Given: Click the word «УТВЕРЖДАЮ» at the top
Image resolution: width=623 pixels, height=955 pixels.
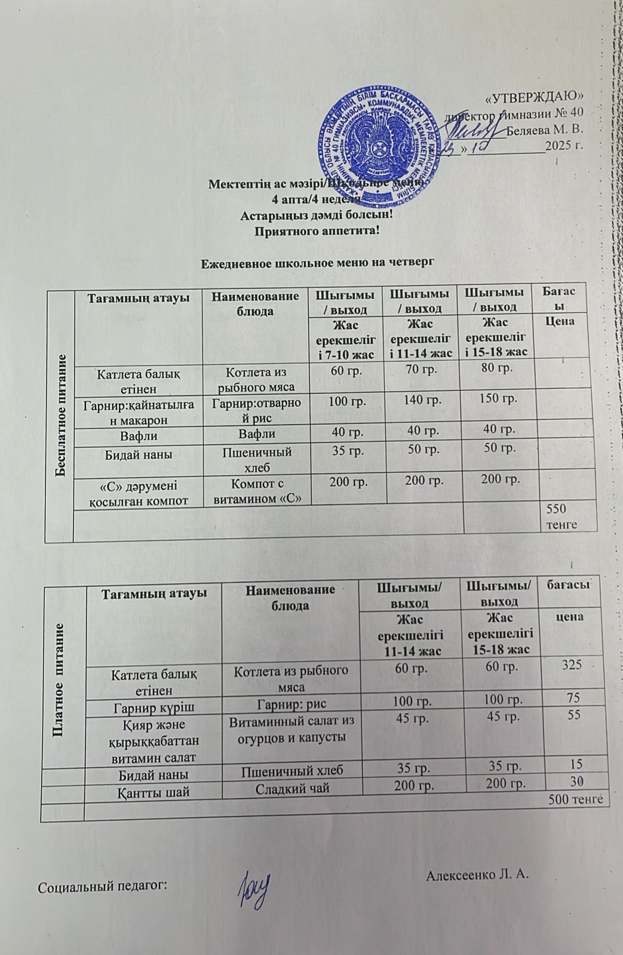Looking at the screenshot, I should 536,97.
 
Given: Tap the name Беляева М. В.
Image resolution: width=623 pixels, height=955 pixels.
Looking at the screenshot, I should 544,128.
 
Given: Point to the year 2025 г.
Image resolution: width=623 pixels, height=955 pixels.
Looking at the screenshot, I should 564,145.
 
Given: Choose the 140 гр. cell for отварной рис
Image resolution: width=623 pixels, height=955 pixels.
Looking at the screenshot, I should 422,400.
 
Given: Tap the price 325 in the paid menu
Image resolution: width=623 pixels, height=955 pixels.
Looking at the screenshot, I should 572,664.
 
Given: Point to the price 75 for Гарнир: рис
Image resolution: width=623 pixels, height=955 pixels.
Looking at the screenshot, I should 573,697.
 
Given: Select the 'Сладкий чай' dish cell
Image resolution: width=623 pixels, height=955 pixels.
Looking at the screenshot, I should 290,788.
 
